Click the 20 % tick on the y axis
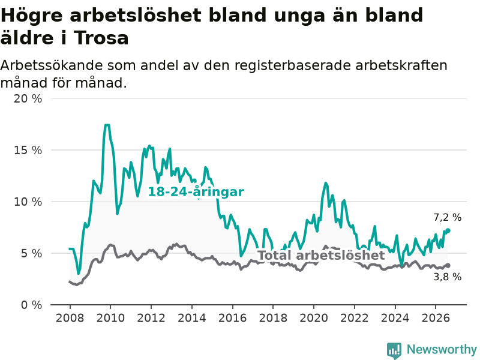[28, 98]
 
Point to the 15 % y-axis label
[28, 150]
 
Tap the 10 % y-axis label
[28, 202]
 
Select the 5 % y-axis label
[31, 253]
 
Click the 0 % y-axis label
[31, 305]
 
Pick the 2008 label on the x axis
[70, 318]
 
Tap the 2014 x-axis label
[192, 318]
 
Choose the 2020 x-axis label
[314, 318]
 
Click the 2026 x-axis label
[436, 318]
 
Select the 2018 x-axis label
[273, 318]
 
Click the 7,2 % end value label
[447, 217]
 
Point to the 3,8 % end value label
[447, 277]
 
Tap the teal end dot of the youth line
[448, 230]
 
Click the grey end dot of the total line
[448, 265]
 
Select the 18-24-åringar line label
[196, 192]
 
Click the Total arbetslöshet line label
[321, 255]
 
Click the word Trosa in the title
[101, 38]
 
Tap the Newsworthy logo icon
[394, 350]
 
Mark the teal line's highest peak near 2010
[107, 125]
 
